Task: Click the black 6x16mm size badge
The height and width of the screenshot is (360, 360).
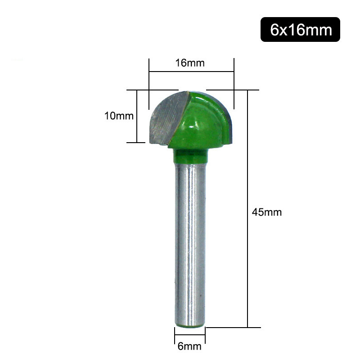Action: coord(300,30)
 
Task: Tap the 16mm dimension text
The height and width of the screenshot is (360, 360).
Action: coord(190,63)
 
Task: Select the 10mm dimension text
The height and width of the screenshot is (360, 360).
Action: coord(119,116)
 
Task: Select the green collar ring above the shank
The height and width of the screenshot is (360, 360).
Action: coord(190,155)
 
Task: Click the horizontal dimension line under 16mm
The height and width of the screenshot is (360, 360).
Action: coord(191,72)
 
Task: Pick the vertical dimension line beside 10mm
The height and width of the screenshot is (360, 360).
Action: coord(136,116)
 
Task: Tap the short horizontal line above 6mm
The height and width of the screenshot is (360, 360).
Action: coord(190,335)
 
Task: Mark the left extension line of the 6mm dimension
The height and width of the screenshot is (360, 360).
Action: coord(175,335)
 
